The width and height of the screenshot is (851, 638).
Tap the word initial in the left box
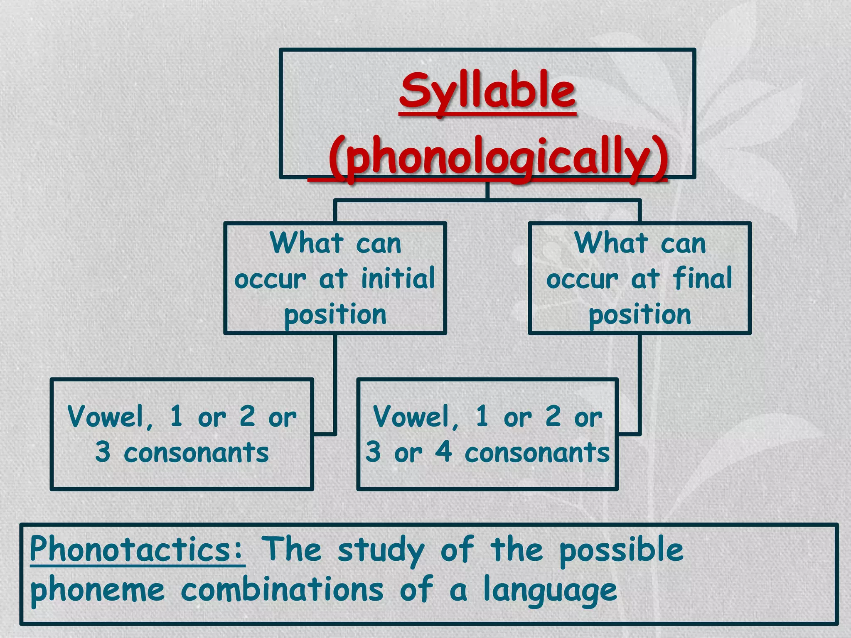pos(398,279)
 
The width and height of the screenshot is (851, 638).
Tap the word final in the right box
pos(703,278)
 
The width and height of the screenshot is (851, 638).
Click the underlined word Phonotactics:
pos(137,549)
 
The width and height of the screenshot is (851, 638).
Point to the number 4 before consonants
pos(443,452)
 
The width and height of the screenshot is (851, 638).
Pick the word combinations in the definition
pos(282,590)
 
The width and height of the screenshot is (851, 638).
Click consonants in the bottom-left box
pos(196,453)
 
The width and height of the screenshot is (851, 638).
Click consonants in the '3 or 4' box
pos(537,453)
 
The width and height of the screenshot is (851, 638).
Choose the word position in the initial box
pos(335,315)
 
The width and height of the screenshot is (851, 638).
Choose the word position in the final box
pos(639,315)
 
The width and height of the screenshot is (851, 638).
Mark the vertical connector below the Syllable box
pos(487,189)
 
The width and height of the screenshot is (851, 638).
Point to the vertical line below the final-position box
pos(639,382)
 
